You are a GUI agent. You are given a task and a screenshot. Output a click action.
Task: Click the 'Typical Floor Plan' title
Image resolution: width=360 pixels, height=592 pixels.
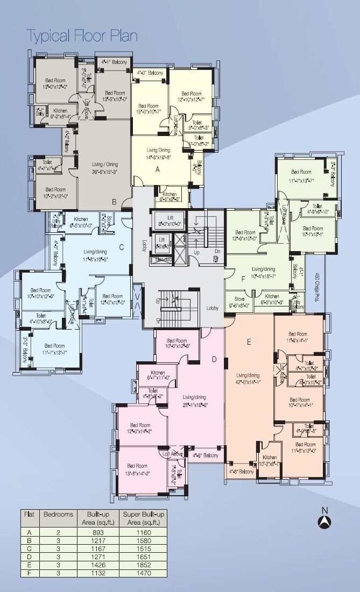82,36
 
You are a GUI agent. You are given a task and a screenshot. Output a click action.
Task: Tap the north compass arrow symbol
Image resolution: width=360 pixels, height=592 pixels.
324,521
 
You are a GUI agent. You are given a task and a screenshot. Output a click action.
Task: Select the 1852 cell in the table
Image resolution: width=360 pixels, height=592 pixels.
144,566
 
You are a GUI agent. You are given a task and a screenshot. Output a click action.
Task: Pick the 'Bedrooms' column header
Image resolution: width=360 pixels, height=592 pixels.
58,515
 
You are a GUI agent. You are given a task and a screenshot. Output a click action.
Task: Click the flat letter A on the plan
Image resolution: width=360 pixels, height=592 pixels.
158,169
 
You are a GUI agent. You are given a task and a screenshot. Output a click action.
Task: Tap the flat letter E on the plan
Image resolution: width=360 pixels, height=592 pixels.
249,341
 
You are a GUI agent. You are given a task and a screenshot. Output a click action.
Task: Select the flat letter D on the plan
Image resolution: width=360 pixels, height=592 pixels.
214,359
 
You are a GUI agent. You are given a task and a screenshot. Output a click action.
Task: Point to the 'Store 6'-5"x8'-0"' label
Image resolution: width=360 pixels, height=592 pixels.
239,302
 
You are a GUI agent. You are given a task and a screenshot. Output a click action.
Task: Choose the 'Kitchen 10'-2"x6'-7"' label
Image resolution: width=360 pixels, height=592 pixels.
270,460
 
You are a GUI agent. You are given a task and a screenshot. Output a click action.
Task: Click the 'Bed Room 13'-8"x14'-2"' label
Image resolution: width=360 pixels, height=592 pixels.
137,469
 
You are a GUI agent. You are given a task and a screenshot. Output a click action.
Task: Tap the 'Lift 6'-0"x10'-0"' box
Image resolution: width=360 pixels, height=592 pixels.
162,220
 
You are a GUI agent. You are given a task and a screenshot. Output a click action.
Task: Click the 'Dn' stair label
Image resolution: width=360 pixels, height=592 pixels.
217,252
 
